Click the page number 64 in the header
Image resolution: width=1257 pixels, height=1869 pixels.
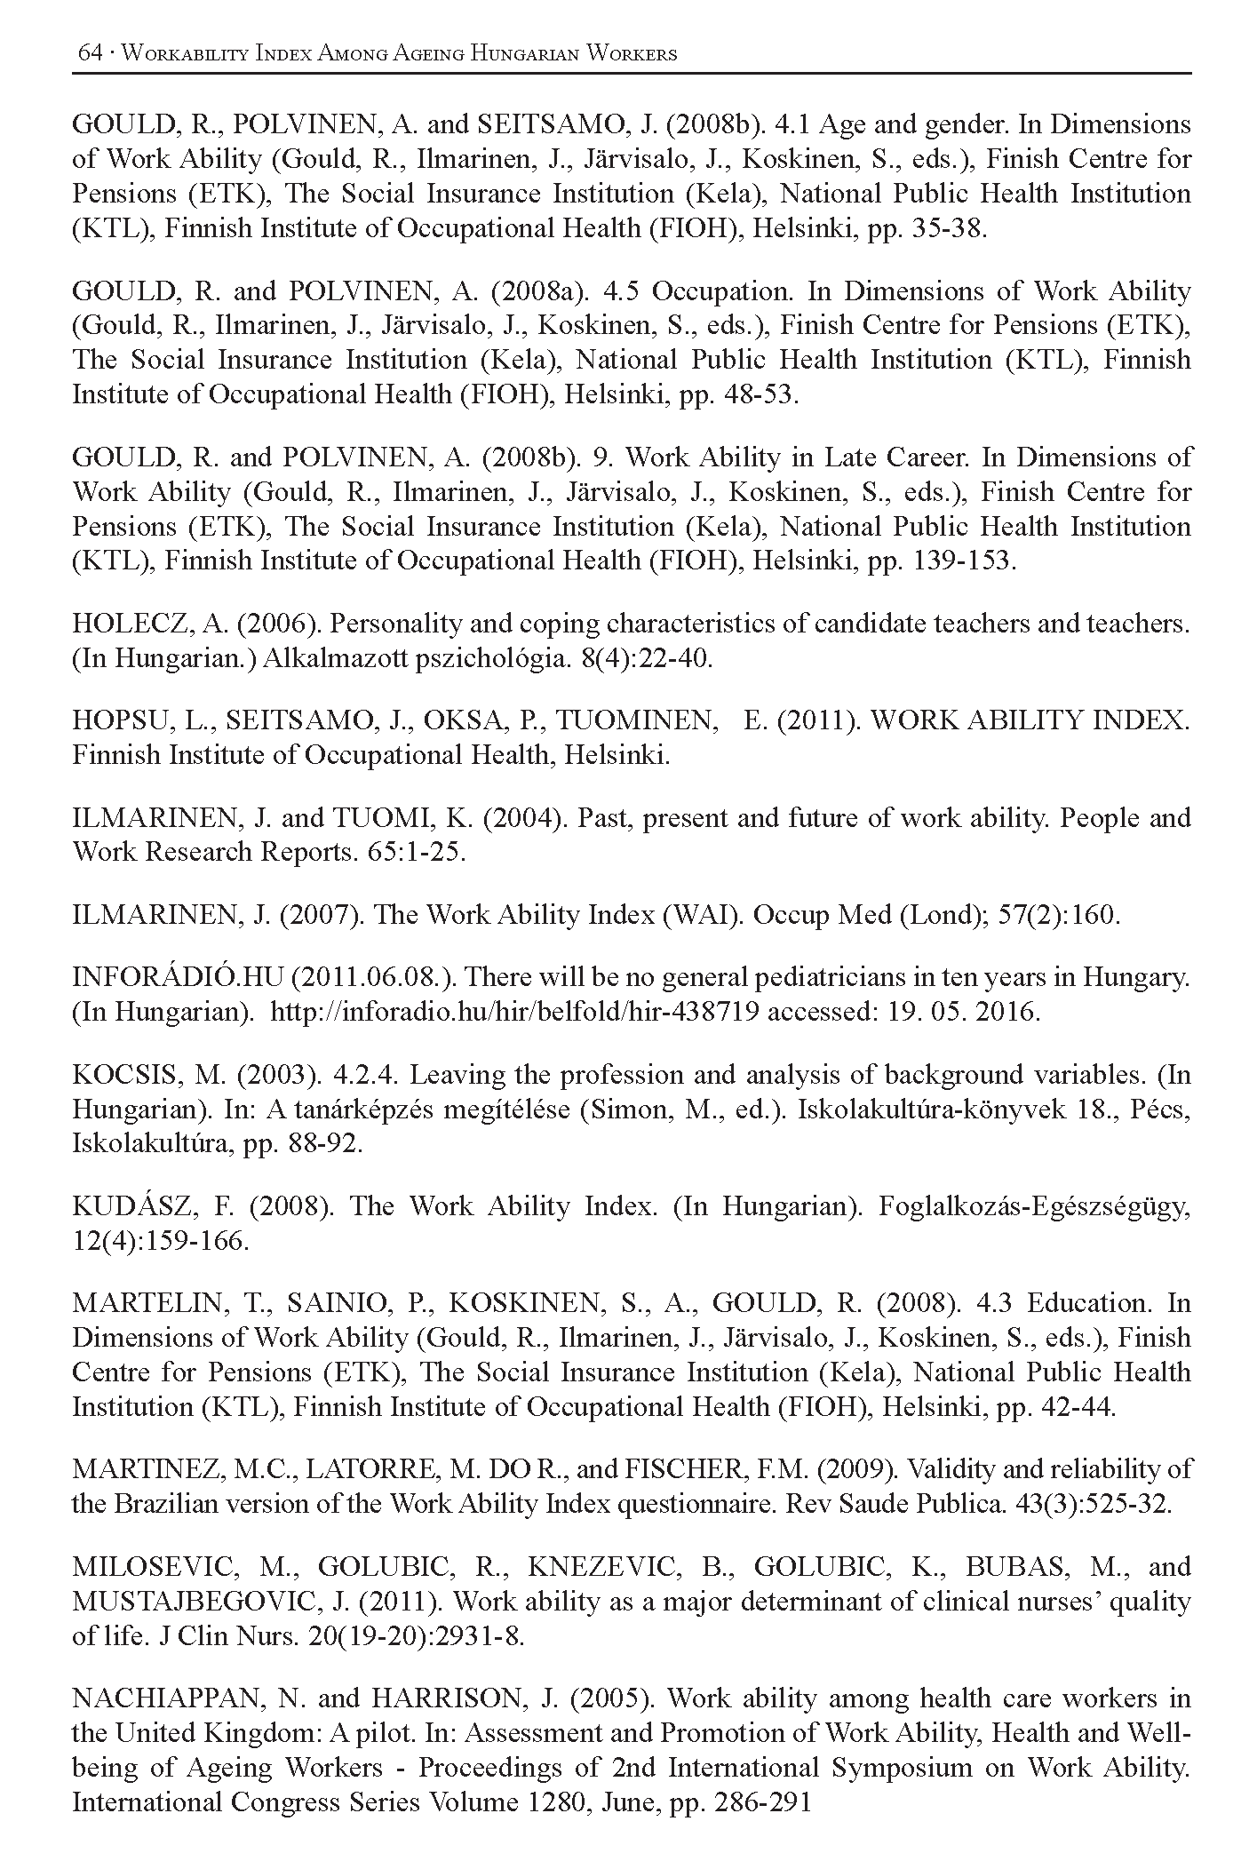click(x=90, y=53)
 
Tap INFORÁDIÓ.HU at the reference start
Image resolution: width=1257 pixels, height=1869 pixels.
click(x=176, y=978)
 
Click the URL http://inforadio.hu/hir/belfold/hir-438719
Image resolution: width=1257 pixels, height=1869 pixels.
click(x=513, y=1013)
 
